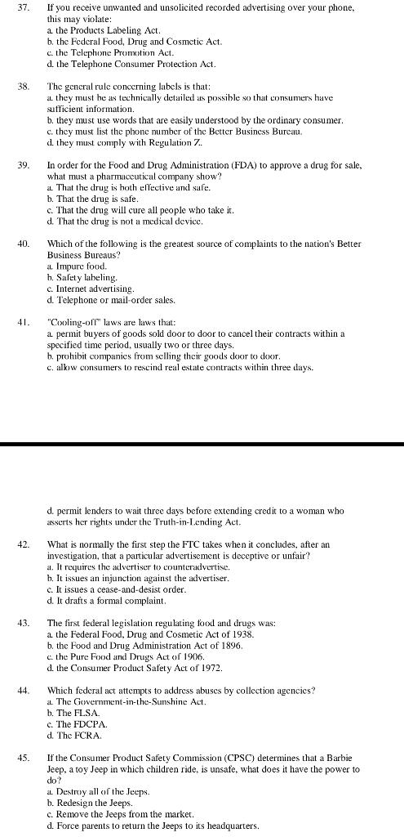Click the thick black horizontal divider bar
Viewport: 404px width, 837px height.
coord(202,444)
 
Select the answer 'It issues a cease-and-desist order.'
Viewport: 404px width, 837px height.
coord(109,589)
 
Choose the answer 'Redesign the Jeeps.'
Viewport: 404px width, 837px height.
coord(90,803)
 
